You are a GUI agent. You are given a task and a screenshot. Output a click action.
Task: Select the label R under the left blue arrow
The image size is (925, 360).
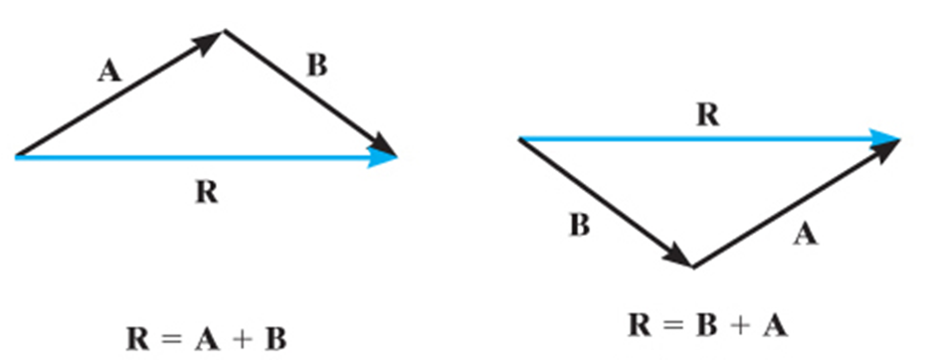point(206,192)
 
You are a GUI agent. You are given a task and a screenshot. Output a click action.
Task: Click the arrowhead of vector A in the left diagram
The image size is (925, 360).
point(211,41)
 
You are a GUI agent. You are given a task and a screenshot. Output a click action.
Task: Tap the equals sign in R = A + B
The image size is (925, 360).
point(173,339)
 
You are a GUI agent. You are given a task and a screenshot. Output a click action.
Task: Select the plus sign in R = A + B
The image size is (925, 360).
point(242,339)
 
